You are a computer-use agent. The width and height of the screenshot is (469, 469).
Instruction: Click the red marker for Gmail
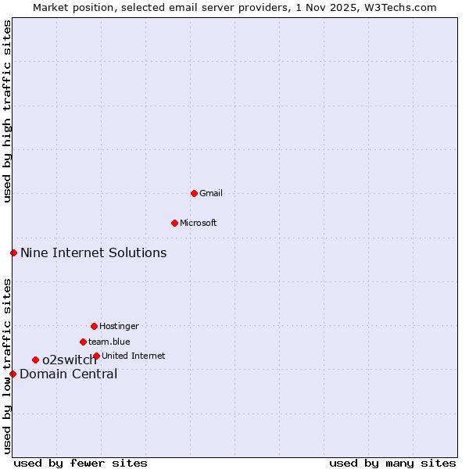pos(194,193)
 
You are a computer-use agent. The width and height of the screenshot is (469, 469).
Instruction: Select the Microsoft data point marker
pos(174,223)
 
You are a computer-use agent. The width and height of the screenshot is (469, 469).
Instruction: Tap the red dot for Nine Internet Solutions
pos(13,252)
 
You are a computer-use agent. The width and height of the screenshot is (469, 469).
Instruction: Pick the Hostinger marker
pos(94,326)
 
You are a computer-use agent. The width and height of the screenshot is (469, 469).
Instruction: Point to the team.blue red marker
pos(83,342)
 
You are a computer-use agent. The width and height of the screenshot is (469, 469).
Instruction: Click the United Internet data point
pos(96,356)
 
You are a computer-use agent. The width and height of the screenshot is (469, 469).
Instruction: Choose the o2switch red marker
pos(35,360)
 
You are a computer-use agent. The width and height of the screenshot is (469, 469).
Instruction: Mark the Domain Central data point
pos(13,374)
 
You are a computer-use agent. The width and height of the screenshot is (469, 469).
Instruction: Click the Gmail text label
pos(211,193)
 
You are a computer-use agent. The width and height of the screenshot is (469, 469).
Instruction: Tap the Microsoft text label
pos(199,223)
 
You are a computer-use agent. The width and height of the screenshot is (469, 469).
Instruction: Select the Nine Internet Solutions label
pos(93,252)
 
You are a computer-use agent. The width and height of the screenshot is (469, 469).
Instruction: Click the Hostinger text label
pos(119,326)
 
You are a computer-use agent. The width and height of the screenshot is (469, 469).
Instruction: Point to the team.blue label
pos(109,342)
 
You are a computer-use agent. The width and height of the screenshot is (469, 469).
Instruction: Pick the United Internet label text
pos(134,356)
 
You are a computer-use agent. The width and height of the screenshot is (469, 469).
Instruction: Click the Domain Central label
pos(69,374)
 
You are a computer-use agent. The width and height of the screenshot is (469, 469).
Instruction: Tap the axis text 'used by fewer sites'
pos(81,463)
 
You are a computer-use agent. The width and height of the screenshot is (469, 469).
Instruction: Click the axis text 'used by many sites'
pos(392,463)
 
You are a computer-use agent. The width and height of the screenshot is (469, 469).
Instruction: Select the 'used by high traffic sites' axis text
pos(7,111)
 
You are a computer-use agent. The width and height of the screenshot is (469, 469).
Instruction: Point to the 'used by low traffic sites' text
pos(7,366)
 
